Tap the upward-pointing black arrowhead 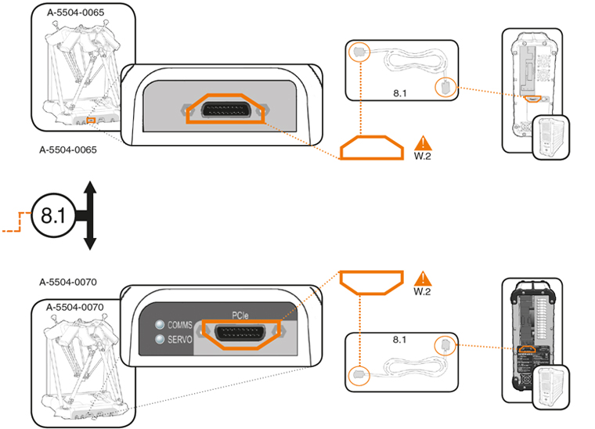pyautogui.click(x=89, y=189)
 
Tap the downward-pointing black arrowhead pyautogui.click(x=89, y=241)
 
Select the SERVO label pyautogui.click(x=180, y=339)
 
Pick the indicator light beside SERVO pyautogui.click(x=160, y=339)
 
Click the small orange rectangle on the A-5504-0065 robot pyautogui.click(x=92, y=120)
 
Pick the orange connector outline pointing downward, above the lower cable pyautogui.click(x=371, y=282)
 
